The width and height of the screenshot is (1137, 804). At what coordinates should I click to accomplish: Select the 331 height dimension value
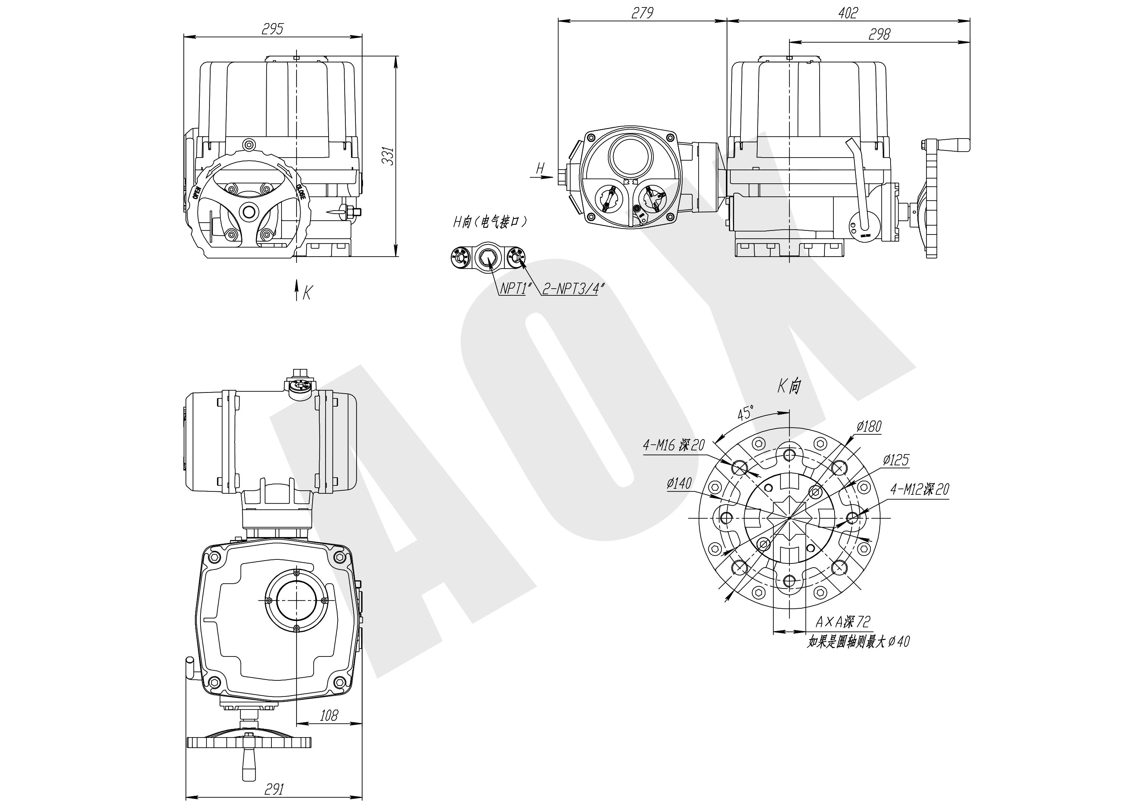coord(389,156)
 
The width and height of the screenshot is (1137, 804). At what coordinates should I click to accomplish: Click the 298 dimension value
coord(879,34)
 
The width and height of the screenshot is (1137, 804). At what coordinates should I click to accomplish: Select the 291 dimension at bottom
coord(274,789)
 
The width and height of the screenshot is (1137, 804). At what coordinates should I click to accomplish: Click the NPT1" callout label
coord(513,288)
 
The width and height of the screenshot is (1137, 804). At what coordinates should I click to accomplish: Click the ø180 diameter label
coord(869,426)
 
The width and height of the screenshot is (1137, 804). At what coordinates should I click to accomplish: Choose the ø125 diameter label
coord(896,460)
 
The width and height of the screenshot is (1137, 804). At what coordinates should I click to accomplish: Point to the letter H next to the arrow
coord(540,168)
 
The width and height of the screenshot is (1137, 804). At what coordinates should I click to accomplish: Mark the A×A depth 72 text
coord(842,621)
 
